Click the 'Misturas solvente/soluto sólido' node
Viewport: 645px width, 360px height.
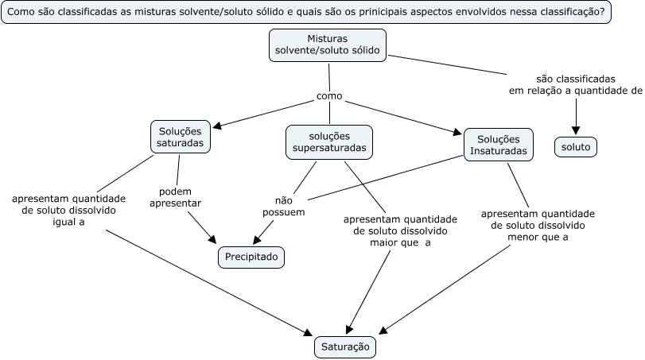pos(328,45)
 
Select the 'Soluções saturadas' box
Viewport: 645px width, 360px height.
pos(181,137)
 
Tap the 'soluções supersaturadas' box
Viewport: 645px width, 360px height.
pos(329,141)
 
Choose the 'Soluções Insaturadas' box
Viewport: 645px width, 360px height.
pos(499,144)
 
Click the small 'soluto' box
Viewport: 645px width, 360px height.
pos(576,148)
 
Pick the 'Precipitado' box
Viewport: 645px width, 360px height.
pos(251,257)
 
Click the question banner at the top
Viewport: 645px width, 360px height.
pos(305,14)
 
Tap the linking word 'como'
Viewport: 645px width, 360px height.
pos(329,96)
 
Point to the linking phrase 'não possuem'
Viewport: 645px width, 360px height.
pos(284,207)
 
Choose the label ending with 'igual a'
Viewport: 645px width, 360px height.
pos(69,211)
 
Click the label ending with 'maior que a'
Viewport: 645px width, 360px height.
pos(400,230)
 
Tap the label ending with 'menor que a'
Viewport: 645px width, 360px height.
pos(538,225)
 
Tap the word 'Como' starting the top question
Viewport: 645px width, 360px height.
pos(21,14)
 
